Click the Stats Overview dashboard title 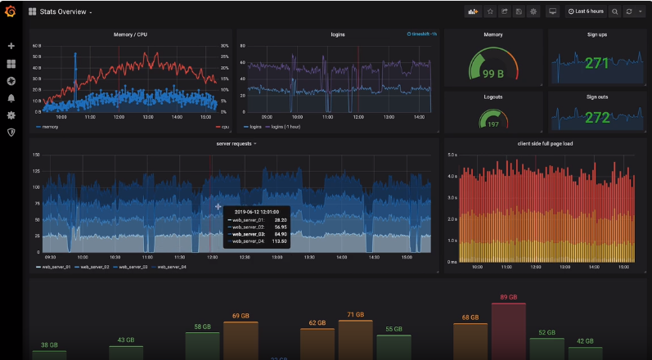coord(65,12)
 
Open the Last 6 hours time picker coord(586,11)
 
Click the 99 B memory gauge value coord(492,74)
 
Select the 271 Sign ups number coord(596,63)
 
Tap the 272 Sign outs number coord(597,118)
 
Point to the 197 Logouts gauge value coord(492,124)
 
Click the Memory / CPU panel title coord(130,34)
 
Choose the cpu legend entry coord(223,127)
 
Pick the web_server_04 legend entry coord(171,267)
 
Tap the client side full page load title coord(546,143)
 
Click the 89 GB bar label coord(509,297)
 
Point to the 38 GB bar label coord(49,344)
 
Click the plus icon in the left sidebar coord(11,46)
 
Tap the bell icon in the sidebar coord(11,98)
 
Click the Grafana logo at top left coord(11,11)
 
